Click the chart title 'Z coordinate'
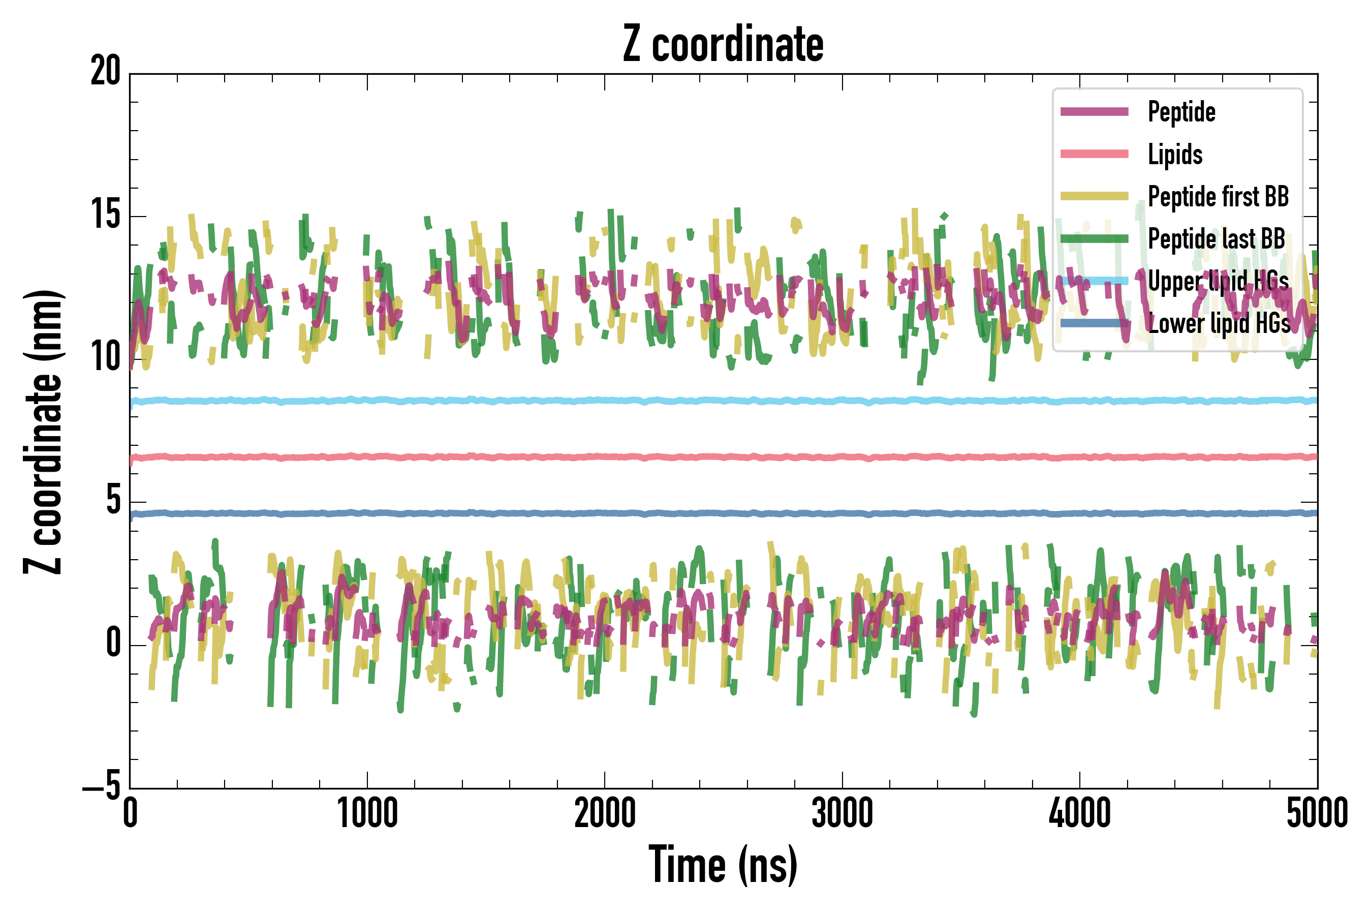coord(723,44)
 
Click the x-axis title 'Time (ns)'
coord(723,865)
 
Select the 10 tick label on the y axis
coord(106,358)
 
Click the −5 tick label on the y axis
coord(102,787)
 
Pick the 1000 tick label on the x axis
coord(367,813)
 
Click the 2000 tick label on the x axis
coord(605,813)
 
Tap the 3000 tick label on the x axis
coord(843,813)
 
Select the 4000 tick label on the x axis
coord(1080,813)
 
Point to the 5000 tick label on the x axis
coord(1317,813)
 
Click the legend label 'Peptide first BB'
coord(1218,197)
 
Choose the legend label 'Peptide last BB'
coord(1216,239)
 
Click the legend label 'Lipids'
coord(1175,155)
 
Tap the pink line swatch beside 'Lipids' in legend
coord(1095,154)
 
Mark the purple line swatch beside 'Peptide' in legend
coord(1095,112)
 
